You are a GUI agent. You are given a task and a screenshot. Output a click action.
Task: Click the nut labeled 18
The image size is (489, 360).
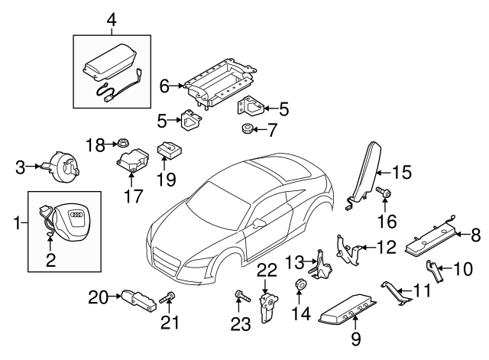click(x=122, y=142)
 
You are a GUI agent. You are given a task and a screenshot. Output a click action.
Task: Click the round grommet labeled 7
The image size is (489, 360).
click(x=248, y=128)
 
